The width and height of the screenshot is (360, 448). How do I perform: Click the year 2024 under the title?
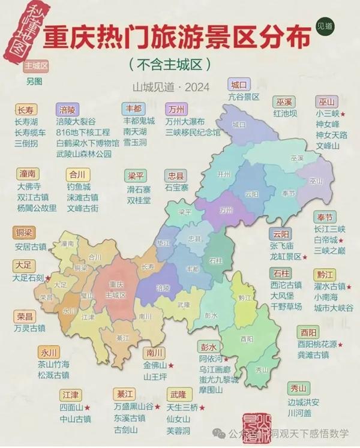197,88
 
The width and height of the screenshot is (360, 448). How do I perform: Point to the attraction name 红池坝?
285,113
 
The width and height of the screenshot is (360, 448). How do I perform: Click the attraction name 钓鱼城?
79,187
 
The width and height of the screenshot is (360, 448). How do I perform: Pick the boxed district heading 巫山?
328,101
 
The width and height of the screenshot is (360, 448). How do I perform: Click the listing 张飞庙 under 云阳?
281,246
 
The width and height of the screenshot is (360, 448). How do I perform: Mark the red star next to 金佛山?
172,365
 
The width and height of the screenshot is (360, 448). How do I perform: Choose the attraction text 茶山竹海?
53,364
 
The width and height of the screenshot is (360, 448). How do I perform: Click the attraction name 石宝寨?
177,188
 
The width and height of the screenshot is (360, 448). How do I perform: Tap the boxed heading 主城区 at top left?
37,65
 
